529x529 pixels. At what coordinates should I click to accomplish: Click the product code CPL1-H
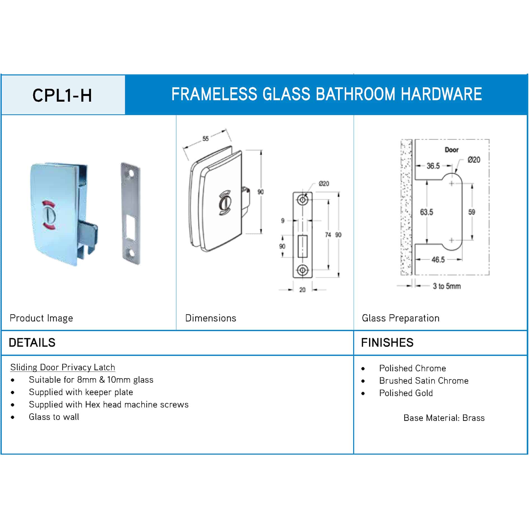click(x=62, y=95)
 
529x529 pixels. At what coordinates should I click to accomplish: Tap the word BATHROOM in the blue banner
click(x=355, y=94)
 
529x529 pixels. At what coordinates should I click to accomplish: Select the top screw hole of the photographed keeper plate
click(x=130, y=174)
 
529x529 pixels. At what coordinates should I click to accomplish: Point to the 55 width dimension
click(x=206, y=138)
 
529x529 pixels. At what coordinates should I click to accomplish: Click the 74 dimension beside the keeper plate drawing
click(x=328, y=235)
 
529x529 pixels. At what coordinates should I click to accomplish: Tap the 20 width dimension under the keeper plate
click(x=302, y=290)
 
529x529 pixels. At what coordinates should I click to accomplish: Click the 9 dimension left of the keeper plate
click(x=283, y=221)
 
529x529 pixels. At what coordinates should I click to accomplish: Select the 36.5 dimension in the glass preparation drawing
click(x=433, y=166)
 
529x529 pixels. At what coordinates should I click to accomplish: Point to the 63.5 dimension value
click(x=426, y=212)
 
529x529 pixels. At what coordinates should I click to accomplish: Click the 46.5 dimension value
click(x=438, y=260)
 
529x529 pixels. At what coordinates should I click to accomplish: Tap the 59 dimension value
click(x=472, y=212)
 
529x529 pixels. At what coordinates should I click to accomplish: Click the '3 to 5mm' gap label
click(x=447, y=286)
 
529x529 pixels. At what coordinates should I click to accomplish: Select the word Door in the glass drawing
click(x=452, y=150)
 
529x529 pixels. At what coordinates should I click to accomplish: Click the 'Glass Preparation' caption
click(x=401, y=318)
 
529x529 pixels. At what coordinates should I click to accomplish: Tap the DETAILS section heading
click(x=32, y=343)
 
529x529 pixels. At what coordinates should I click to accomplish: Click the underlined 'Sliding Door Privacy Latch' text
click(x=63, y=367)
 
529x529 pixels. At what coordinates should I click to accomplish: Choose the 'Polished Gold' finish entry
click(x=406, y=393)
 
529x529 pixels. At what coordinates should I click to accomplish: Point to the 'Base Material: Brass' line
click(x=444, y=418)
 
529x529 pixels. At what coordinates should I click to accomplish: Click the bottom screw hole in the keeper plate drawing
click(x=302, y=270)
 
